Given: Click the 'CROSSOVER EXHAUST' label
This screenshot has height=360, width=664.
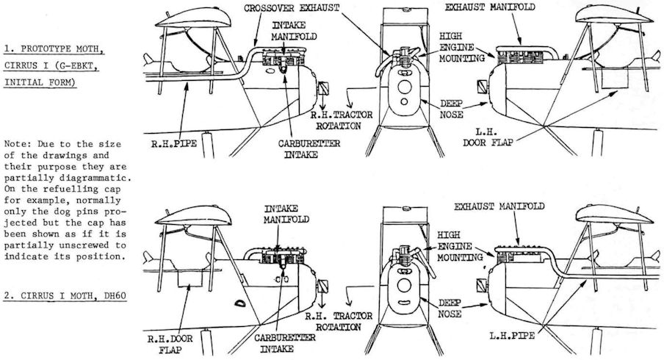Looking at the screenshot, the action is (x=292, y=8).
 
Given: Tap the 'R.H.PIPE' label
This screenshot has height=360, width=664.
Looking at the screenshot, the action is (x=174, y=144).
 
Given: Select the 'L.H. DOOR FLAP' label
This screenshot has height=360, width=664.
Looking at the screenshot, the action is (x=488, y=137).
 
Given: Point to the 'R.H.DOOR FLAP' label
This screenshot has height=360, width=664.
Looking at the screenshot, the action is (x=170, y=345).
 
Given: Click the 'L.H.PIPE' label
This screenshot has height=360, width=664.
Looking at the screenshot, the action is (x=512, y=336).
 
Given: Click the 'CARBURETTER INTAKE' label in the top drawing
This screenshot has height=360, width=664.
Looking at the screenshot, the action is (x=309, y=149).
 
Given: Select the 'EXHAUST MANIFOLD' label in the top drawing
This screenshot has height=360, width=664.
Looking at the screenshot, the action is (x=490, y=7).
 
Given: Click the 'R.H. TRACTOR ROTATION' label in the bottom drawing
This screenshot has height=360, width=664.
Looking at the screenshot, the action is (x=339, y=322).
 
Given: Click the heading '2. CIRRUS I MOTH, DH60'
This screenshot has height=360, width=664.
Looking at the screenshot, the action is (x=65, y=296).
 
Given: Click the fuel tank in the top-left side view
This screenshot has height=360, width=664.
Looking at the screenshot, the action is (x=193, y=18).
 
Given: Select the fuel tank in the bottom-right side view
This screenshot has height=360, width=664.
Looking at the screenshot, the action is (x=614, y=215).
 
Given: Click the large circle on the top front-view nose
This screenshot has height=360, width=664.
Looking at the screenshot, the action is (x=405, y=87).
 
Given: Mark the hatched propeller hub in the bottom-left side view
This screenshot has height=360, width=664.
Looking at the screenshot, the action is (x=323, y=287).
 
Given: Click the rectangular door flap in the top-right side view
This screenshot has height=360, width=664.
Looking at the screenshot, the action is (x=615, y=79).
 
